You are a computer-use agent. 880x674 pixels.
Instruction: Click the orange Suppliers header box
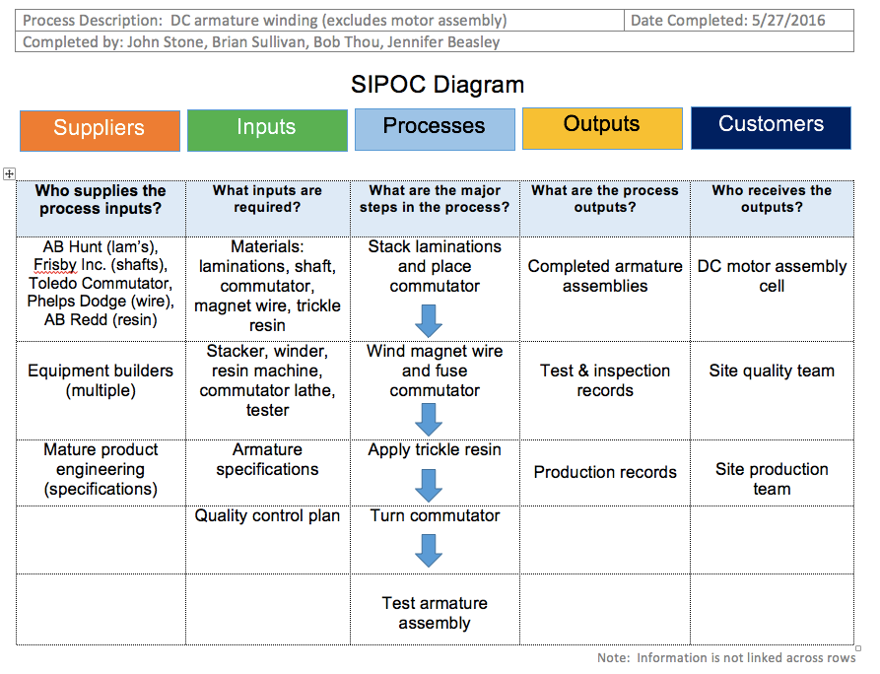[x=100, y=129]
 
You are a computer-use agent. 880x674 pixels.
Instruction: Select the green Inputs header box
[x=267, y=129]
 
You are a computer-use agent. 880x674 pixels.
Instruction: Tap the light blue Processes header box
[x=435, y=128]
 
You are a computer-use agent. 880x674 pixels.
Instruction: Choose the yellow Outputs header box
[x=602, y=127]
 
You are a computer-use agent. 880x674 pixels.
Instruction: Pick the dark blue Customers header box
[x=771, y=127]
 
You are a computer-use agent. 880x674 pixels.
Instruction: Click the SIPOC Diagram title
[x=438, y=85]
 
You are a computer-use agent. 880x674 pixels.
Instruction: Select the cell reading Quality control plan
[x=267, y=515]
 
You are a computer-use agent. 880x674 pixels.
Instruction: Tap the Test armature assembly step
[x=435, y=613]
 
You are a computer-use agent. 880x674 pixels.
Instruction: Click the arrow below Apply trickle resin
[x=429, y=484]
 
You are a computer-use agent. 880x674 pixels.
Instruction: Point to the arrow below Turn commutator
[x=429, y=549]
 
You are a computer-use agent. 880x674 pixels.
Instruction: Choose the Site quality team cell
[x=772, y=371]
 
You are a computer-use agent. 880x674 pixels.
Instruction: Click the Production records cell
[x=605, y=472]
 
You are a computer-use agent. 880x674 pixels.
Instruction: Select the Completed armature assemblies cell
[x=605, y=276]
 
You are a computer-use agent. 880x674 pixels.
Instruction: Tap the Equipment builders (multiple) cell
[x=100, y=380]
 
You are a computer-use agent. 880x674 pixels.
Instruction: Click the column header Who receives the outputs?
[x=772, y=199]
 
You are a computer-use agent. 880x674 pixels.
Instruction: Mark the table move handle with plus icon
[x=10, y=174]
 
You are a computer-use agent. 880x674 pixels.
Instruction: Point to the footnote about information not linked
[x=725, y=657]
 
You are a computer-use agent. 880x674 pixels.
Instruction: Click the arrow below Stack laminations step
[x=429, y=319]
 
